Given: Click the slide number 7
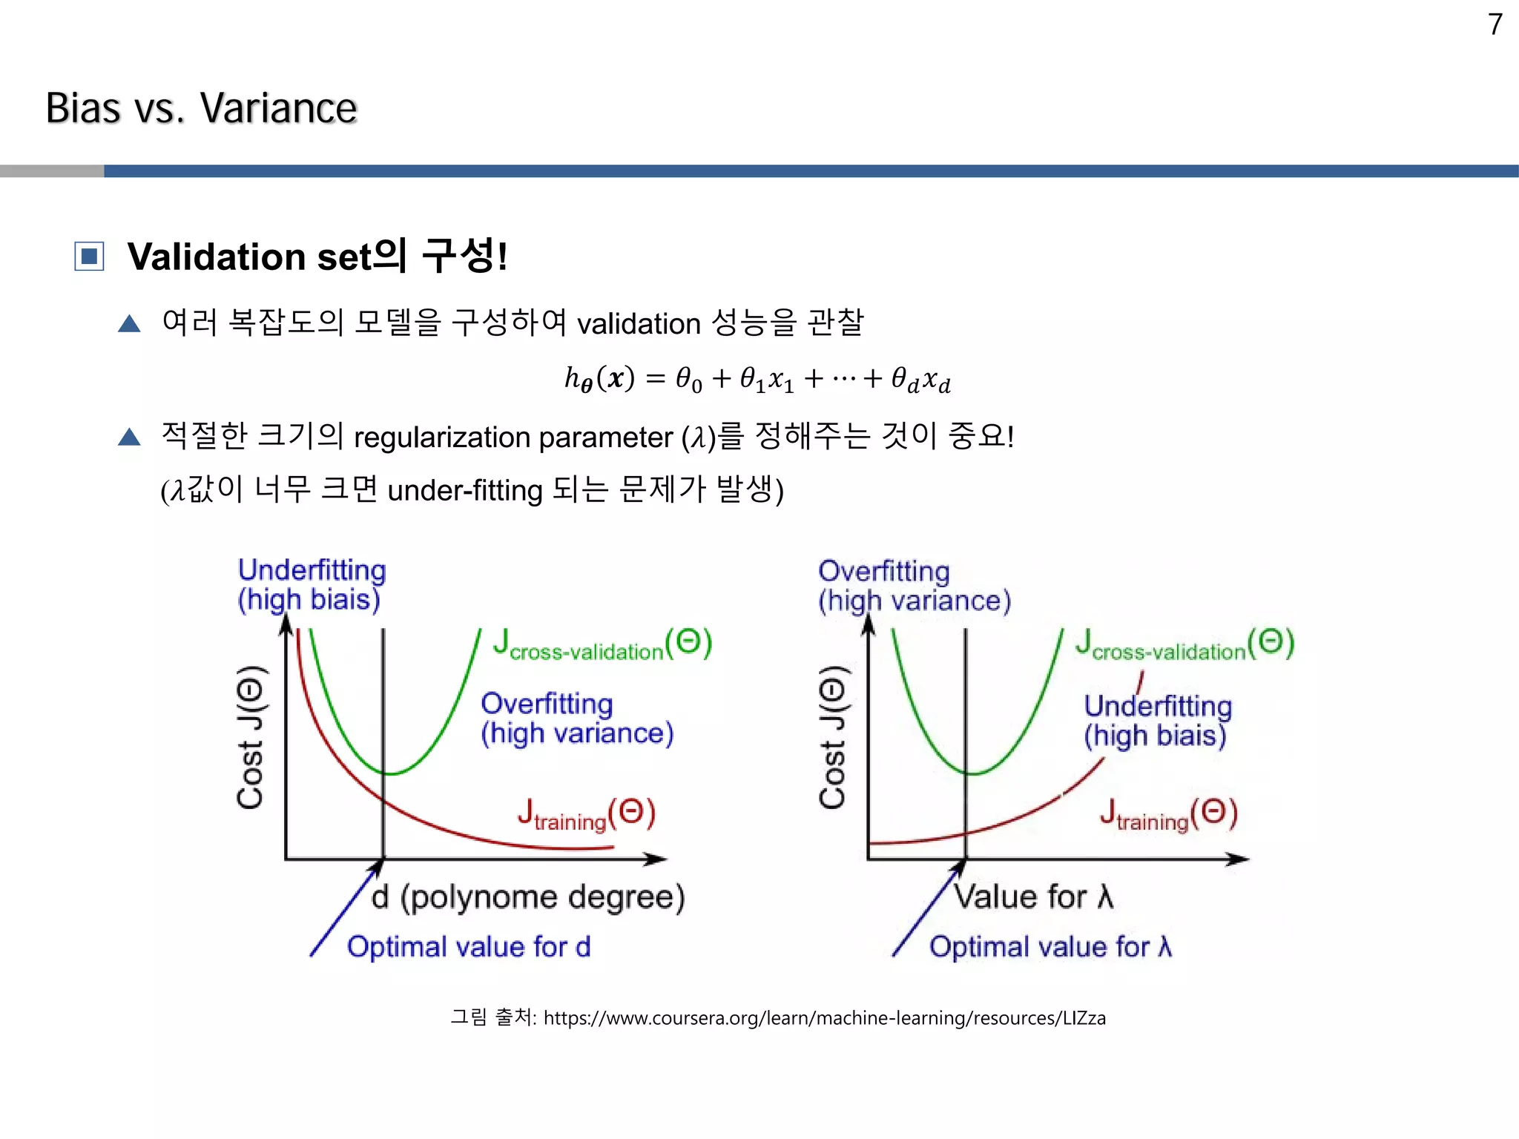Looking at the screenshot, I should [1495, 25].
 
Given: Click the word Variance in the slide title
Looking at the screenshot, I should [278, 108].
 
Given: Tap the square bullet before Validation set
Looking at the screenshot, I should [89, 257].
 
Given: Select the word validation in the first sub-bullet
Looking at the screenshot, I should [639, 324].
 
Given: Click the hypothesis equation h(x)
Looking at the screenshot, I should [757, 380].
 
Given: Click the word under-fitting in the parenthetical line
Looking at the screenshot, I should [465, 491].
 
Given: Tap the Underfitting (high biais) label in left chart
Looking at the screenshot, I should [311, 584].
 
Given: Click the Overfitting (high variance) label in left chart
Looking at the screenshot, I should [576, 719].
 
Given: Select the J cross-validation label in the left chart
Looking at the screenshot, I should [602, 644].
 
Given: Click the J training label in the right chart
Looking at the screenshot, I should [1168, 814].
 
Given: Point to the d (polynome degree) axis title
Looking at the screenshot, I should [527, 897].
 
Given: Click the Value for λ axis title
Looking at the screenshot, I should [1033, 897].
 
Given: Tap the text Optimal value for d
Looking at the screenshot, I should [469, 947].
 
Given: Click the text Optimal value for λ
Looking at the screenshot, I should [1050, 947].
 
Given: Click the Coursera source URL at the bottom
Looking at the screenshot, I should [824, 1018].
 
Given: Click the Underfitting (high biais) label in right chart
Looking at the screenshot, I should [1156, 721].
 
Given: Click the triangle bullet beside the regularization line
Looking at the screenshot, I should [129, 437].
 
